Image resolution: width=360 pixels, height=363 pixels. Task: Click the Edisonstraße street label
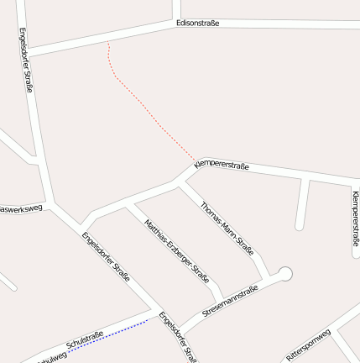coord(198,24)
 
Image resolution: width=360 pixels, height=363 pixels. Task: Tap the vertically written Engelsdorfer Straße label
coord(26,60)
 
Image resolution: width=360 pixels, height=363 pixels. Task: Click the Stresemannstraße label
coord(229,301)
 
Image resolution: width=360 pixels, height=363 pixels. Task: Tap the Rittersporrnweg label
coord(309,345)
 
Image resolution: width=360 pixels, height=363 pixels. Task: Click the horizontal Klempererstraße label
coord(222,166)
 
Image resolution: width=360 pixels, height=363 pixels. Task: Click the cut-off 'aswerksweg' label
coord(20,208)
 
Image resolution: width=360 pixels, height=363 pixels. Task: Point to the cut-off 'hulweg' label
coord(51,357)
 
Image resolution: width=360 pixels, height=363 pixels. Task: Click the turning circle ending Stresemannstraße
coord(285,273)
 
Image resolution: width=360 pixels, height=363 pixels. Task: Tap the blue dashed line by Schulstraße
coord(109,334)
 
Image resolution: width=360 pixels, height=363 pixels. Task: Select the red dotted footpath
coord(143,105)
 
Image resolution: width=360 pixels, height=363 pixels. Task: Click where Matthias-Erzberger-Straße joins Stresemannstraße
coord(220,296)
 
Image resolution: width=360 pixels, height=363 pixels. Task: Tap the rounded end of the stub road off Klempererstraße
coord(300,225)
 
